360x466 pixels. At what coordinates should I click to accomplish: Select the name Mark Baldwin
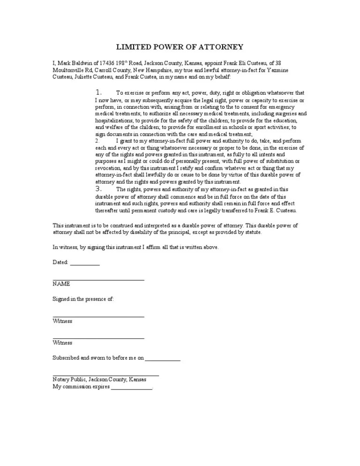(72, 62)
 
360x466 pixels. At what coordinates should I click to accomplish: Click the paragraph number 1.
(98, 92)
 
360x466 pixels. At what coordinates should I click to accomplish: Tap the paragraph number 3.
(98, 189)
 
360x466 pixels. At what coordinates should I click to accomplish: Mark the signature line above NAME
(98, 280)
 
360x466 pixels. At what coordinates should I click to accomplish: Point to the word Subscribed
(66, 358)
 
